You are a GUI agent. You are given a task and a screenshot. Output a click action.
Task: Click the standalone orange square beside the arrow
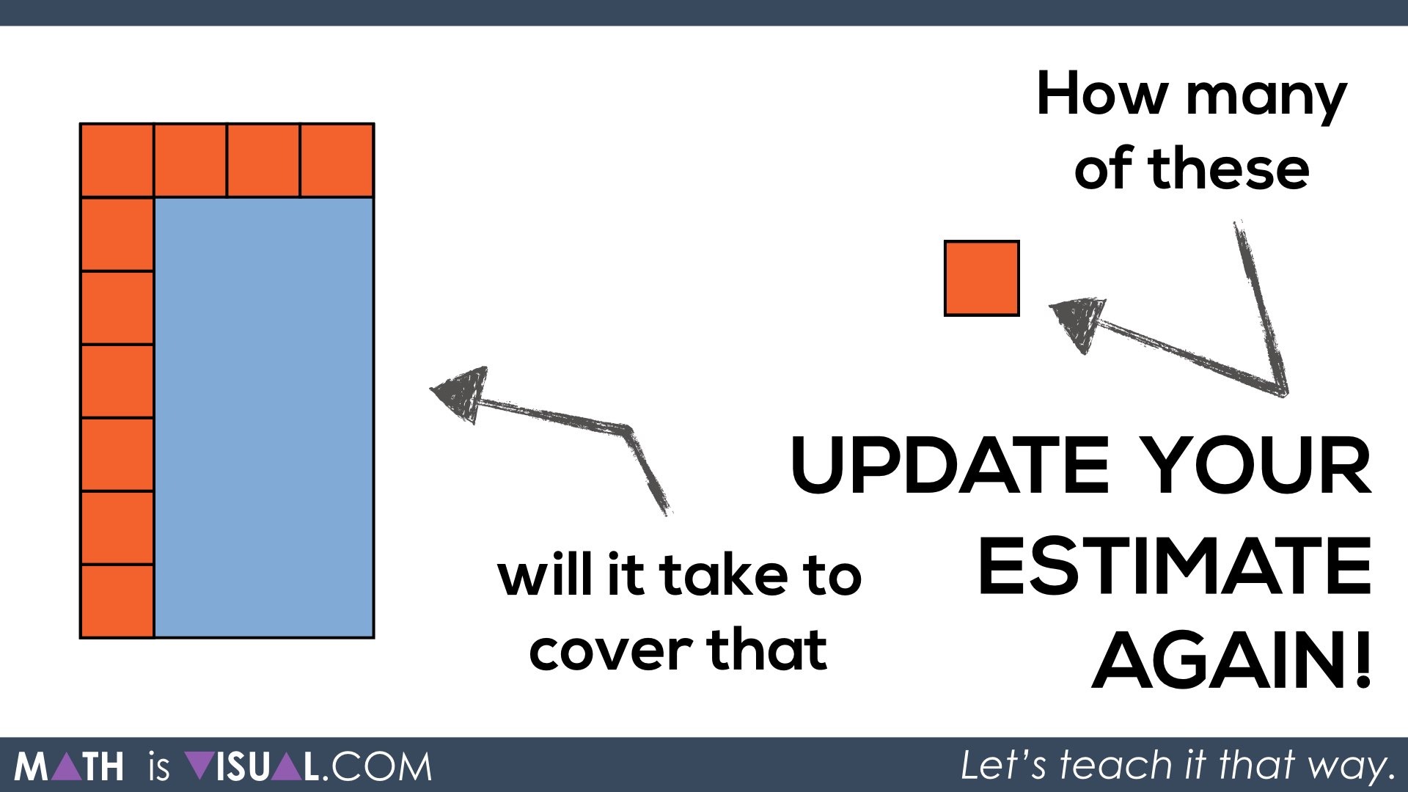click(982, 279)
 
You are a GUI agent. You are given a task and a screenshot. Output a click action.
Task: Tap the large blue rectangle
click(264, 417)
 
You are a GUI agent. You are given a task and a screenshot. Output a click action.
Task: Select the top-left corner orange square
click(117, 161)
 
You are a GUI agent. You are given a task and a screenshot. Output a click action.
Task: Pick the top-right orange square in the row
click(337, 161)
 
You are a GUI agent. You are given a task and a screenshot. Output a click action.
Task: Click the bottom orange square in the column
click(117, 601)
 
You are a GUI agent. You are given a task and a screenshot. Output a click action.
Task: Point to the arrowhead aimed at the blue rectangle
click(459, 393)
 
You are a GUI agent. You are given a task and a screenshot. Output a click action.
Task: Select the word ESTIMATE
click(1174, 565)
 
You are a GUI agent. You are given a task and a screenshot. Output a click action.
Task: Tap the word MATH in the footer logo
click(70, 767)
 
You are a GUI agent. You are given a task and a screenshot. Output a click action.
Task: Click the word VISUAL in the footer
click(253, 767)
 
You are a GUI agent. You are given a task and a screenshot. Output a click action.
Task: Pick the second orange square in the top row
click(191, 161)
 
